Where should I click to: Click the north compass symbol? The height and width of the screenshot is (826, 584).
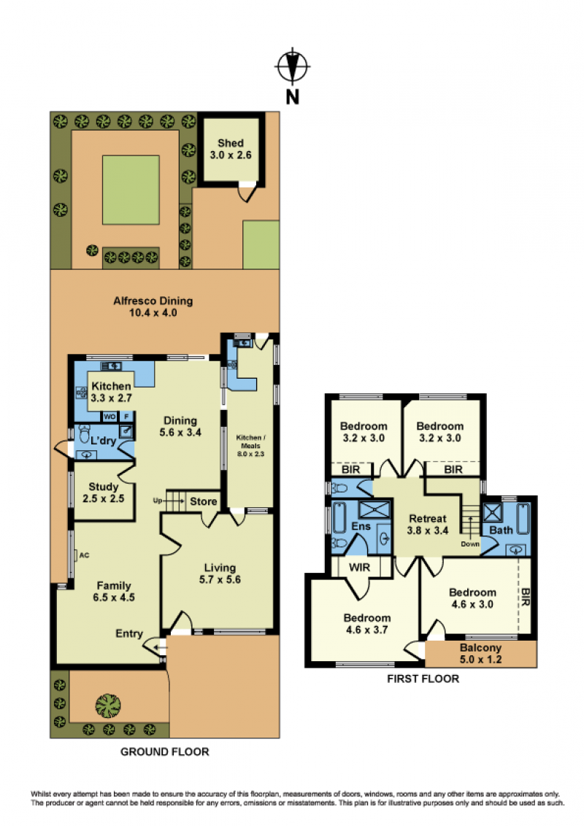coord(293,66)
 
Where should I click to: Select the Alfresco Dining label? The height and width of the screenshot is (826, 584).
coord(153,306)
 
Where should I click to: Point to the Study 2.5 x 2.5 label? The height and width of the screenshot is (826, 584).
coord(104,493)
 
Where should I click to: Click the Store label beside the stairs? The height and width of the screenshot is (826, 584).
coord(204,501)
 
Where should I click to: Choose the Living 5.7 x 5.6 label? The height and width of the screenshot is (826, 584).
coord(220,574)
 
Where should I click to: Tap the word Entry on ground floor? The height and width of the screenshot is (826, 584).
coord(129,633)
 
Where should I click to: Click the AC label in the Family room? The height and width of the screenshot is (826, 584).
coord(84,555)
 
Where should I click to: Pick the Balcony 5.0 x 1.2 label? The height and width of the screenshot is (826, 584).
coord(480,654)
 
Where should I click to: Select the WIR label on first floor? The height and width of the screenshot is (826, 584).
coord(359,568)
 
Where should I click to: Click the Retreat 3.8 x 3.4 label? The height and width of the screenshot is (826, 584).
coord(428,525)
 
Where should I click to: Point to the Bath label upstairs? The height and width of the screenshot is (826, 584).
coord(501,530)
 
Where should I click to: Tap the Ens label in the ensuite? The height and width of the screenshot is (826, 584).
coord(361,526)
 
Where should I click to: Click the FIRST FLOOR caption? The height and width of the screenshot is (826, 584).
coord(423,679)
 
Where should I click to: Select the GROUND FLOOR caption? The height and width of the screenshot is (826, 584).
coord(165,752)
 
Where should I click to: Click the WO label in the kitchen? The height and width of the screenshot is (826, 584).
coord(109,417)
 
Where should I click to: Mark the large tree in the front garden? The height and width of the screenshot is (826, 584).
coord(108,706)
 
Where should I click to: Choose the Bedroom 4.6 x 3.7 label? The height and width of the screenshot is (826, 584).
coord(367,624)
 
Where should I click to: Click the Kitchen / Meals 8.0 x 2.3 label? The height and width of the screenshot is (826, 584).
coord(250,446)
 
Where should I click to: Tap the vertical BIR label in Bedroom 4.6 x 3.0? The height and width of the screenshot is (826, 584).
coord(526,597)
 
